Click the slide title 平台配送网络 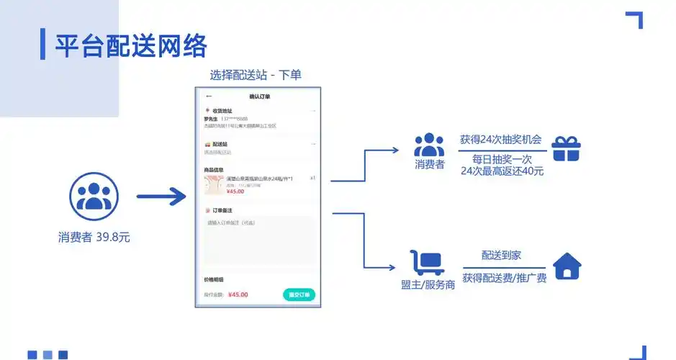click(131, 45)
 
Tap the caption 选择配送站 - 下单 click(255, 75)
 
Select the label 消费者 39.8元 click(94, 237)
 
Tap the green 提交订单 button click(299, 294)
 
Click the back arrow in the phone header click(209, 96)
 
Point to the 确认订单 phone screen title click(259, 96)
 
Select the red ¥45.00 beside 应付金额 click(238, 294)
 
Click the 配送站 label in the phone click(220, 144)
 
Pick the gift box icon click(566, 148)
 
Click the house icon click(567, 266)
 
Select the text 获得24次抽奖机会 click(500, 140)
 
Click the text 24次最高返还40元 click(502, 171)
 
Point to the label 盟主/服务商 click(428, 284)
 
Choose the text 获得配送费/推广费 click(504, 277)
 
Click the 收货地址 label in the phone click(222, 111)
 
